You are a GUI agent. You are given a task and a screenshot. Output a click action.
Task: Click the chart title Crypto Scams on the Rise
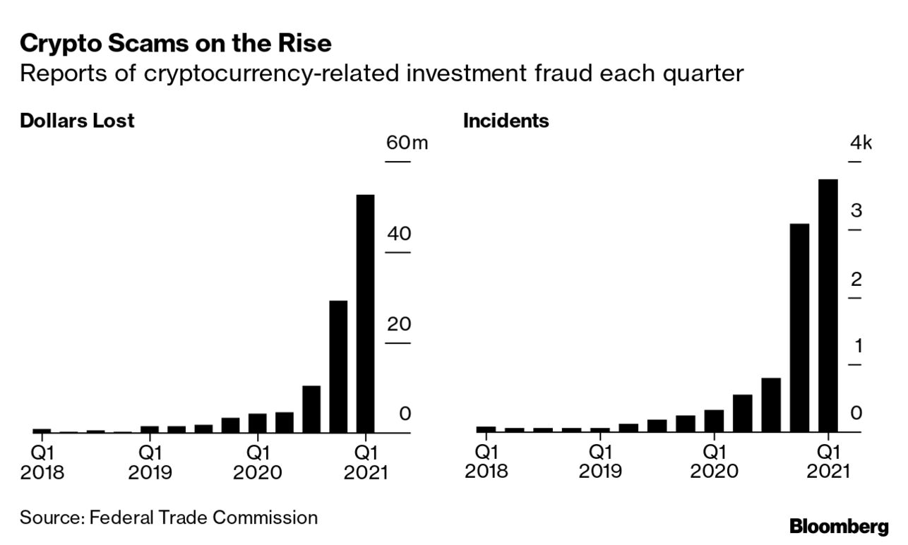tap(176, 44)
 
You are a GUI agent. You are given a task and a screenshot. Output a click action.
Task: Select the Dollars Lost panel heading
tap(77, 121)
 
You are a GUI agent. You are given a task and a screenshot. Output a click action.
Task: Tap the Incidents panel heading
tap(506, 121)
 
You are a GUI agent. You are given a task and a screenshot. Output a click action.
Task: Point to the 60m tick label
tap(407, 143)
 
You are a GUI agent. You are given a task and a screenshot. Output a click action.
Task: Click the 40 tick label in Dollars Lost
tap(399, 234)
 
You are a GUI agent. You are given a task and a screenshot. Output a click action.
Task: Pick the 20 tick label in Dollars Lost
tap(399, 325)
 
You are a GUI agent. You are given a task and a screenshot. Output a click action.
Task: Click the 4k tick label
tap(861, 143)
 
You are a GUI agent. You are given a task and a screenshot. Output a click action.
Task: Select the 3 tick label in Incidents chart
tap(856, 210)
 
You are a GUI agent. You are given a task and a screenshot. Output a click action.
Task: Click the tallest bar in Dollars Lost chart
tap(365, 313)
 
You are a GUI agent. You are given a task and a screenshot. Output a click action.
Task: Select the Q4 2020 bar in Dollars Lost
tap(338, 366)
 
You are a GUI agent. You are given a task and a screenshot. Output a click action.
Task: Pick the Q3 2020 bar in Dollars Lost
tap(311, 409)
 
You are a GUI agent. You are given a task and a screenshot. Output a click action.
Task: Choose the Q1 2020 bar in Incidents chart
tap(714, 420)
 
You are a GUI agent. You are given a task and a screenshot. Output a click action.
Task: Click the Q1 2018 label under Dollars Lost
tap(42, 462)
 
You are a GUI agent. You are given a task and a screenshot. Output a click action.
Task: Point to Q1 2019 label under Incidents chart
tap(600, 462)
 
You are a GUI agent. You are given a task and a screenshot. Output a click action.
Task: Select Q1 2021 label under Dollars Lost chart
tap(366, 462)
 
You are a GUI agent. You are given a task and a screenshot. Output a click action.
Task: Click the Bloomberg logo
tap(838, 526)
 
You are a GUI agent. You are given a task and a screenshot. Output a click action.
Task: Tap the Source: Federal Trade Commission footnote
tap(169, 517)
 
